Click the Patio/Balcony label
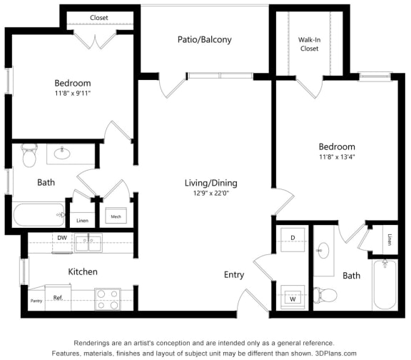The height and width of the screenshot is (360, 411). [x=204, y=39]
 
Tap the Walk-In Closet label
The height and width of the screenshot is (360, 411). [x=308, y=44]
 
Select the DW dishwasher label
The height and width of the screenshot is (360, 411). [x=62, y=238]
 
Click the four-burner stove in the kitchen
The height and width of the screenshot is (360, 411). [x=107, y=299]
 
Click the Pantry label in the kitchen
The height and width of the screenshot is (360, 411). [x=36, y=301]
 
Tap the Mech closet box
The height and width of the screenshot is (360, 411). [x=115, y=215]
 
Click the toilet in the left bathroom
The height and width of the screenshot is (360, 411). [x=29, y=155]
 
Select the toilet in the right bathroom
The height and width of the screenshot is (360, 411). [x=328, y=294]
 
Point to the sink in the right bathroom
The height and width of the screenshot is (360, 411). [x=323, y=251]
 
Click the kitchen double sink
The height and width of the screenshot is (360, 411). [x=89, y=244]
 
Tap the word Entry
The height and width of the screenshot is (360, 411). [x=233, y=275]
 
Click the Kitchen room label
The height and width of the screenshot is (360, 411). [x=82, y=271]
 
